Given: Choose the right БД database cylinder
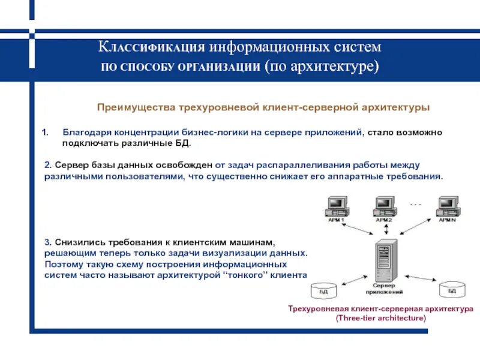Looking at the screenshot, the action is click(x=452, y=290).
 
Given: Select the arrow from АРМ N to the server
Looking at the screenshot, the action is click(x=419, y=232).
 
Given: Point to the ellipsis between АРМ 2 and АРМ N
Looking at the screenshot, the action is click(x=416, y=205).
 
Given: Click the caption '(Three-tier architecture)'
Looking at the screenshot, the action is click(x=381, y=318).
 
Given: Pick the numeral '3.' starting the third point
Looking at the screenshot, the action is click(x=48, y=242).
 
